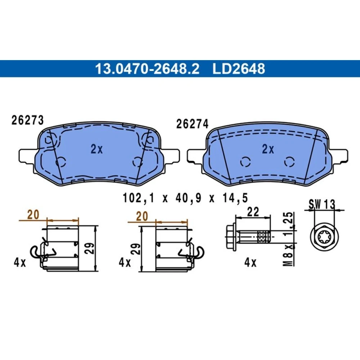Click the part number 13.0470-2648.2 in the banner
click(147, 69)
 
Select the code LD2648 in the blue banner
click(239, 69)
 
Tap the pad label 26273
click(28, 120)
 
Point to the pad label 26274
click(192, 124)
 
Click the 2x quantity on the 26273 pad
click(96, 149)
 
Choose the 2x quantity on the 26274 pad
click(268, 149)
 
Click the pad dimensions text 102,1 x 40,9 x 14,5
click(185, 198)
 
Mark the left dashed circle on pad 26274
click(246, 162)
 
